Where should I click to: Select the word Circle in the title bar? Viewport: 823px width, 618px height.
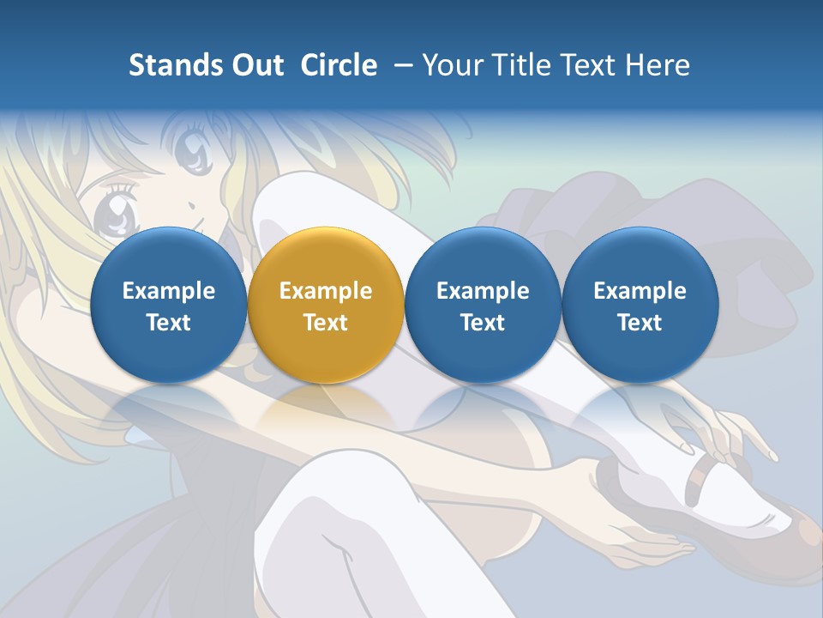339,65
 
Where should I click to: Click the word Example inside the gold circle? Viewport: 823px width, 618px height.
326,291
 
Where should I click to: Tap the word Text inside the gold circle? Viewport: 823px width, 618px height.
326,323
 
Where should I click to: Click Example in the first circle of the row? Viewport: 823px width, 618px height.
169,291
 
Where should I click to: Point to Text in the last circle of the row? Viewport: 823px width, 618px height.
640,323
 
